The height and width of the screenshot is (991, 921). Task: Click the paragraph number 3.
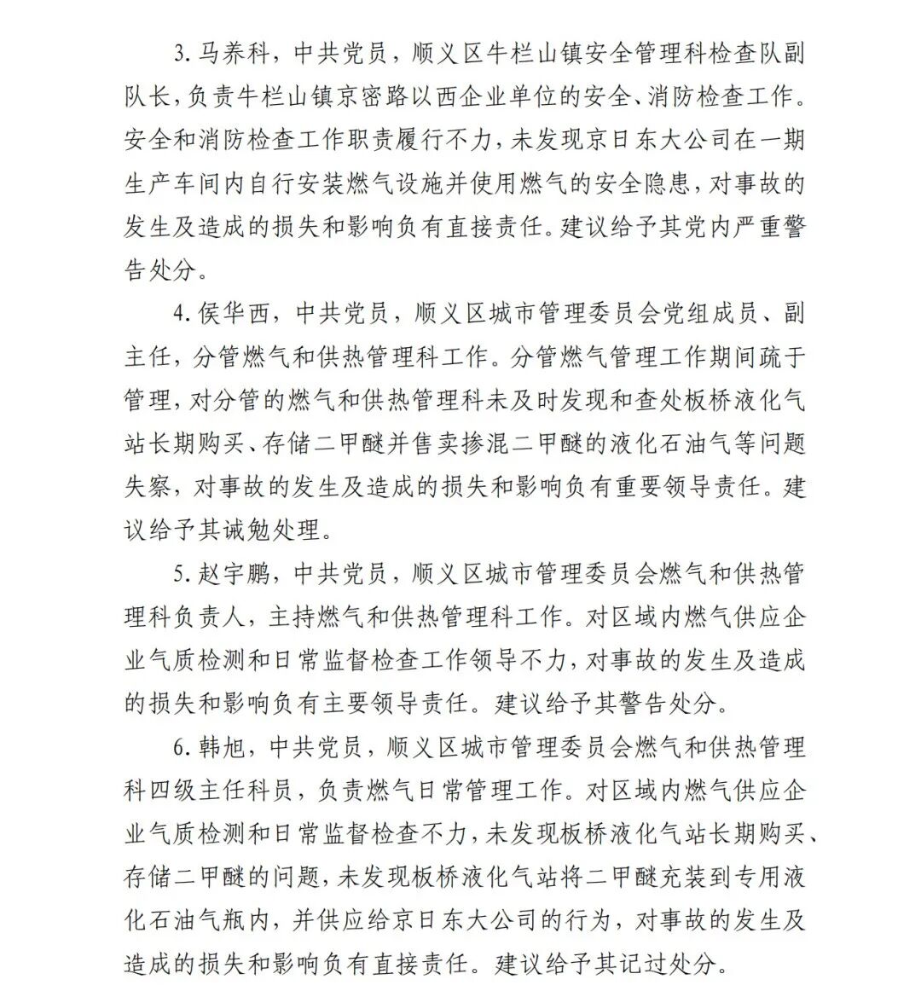coord(179,54)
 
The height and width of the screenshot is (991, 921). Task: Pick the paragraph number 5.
coord(179,574)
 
